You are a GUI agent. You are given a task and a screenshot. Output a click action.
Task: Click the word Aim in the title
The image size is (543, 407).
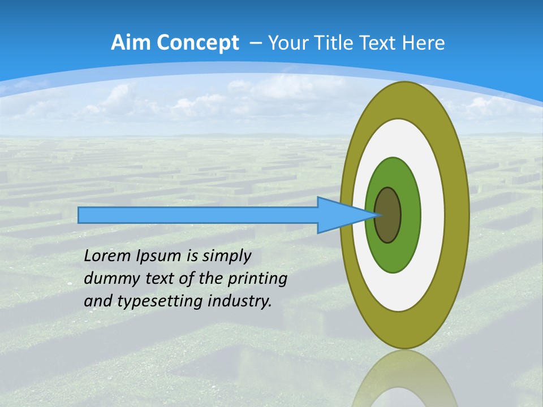131,43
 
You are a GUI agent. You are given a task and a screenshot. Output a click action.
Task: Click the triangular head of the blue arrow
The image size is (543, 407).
339,215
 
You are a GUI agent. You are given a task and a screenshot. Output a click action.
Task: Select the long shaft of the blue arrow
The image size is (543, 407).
198,215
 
